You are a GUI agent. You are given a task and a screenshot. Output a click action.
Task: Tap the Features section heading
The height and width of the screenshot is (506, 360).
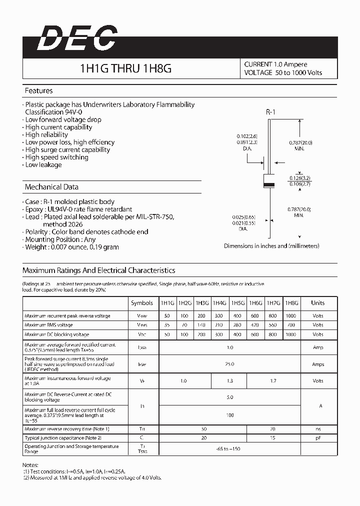pyautogui.click(x=38, y=91)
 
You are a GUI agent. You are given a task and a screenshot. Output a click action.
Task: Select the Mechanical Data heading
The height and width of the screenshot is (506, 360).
pyautogui.click(x=51, y=187)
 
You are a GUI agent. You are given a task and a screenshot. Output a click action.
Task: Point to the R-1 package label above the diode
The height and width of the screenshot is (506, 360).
pyautogui.click(x=270, y=112)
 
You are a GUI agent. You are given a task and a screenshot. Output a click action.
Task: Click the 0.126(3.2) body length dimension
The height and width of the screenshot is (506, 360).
pyautogui.click(x=300, y=178)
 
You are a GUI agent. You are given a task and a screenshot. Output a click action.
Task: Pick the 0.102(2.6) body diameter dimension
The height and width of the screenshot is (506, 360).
pyautogui.click(x=247, y=136)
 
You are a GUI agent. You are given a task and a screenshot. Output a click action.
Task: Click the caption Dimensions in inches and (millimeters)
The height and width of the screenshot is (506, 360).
pyautogui.click(x=271, y=246)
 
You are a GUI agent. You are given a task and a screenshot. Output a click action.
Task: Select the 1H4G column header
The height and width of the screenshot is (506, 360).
pyautogui.click(x=219, y=303)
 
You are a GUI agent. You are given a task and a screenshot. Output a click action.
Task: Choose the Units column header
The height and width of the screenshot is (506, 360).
pyautogui.click(x=317, y=303)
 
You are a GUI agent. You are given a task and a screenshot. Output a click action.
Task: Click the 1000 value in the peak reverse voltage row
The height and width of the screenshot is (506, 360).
pyautogui.click(x=290, y=316)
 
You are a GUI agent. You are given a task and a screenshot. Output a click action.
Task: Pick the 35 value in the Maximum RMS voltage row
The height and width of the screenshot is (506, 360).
pyautogui.click(x=166, y=325)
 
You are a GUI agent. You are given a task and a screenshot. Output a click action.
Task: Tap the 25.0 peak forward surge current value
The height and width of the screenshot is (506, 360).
pyautogui.click(x=229, y=364)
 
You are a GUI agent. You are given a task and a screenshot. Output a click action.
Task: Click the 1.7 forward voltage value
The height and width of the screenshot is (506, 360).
pyautogui.click(x=273, y=381)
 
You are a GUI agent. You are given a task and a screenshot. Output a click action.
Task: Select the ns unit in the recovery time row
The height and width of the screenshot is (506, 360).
pyautogui.click(x=317, y=429)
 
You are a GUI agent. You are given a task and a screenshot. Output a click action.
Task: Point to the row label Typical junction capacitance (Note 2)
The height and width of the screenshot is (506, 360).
pyautogui.click(x=66, y=438)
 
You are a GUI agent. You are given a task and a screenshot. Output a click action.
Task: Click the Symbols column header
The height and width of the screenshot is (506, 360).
pyautogui.click(x=142, y=303)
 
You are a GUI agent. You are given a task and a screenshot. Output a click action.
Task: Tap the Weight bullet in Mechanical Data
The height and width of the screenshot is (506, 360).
pyautogui.click(x=72, y=247)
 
